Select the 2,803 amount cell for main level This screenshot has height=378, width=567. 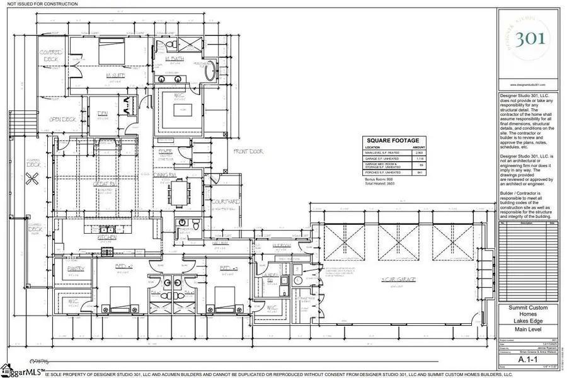click(x=416, y=153)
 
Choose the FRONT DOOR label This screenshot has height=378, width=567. click(x=248, y=152)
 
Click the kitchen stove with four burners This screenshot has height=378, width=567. click(x=105, y=250)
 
